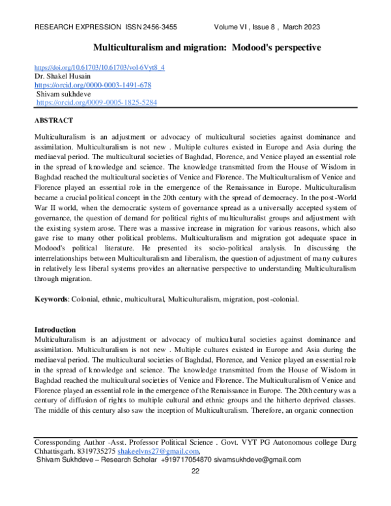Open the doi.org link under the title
[x=99, y=67]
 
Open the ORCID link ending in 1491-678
[x=93, y=85]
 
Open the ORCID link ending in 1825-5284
[x=96, y=103]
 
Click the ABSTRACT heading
[x=53, y=121]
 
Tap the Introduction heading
[x=55, y=330]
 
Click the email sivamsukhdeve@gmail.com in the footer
[x=259, y=459]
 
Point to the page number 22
[x=195, y=471]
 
